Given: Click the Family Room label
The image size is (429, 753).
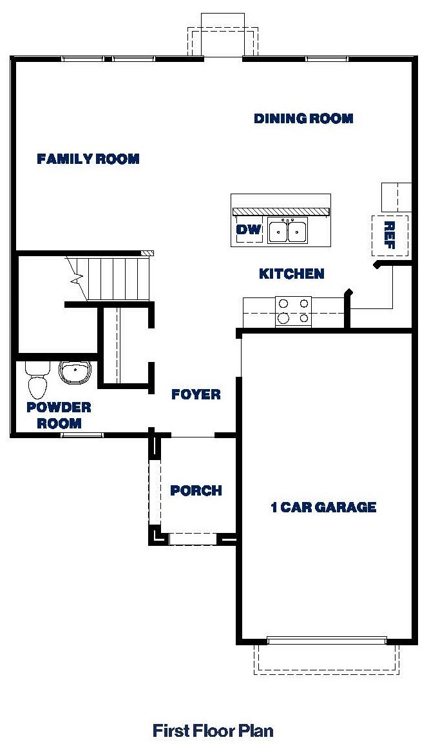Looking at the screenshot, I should click(x=88, y=159).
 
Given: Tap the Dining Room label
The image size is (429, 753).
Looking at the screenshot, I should click(x=303, y=119).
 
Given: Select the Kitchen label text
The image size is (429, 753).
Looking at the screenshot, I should click(x=291, y=274).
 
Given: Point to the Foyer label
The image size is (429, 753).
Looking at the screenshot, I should click(x=196, y=394).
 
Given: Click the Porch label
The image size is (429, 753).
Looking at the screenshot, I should click(x=196, y=491).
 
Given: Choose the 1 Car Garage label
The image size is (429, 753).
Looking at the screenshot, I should click(x=323, y=507).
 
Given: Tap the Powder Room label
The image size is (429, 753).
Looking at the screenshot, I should click(x=59, y=416).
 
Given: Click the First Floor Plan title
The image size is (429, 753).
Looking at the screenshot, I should click(x=213, y=731).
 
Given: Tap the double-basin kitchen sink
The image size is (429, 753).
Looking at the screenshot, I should click(x=288, y=230).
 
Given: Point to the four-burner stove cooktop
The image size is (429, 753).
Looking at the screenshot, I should click(x=293, y=310).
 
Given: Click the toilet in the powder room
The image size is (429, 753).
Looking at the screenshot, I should click(x=37, y=379).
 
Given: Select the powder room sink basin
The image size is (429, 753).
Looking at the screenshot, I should click(x=75, y=372).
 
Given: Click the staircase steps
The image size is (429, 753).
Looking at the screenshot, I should click(x=110, y=278).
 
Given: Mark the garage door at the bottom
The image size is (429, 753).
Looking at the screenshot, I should click(x=327, y=641).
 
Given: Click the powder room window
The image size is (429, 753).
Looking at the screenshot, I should click(x=82, y=436).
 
